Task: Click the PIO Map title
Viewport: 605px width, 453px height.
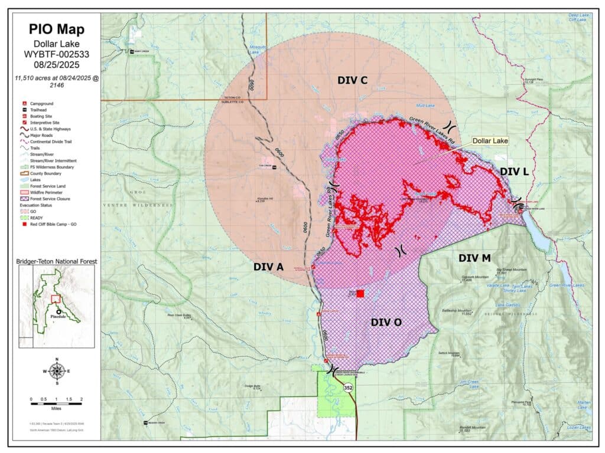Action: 57,29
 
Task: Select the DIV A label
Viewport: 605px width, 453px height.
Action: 269,267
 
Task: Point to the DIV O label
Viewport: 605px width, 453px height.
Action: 386,322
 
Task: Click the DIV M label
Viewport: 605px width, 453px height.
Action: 474,258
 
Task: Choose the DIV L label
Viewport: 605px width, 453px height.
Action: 515,172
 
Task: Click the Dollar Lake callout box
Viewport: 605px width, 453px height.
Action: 489,142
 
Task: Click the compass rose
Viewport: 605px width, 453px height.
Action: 57,371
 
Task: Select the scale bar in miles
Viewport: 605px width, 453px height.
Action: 57,401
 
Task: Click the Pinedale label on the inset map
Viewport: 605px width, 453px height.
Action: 57,317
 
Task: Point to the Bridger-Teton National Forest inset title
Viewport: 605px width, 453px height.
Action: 57,261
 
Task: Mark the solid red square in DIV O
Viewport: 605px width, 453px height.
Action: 360,294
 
